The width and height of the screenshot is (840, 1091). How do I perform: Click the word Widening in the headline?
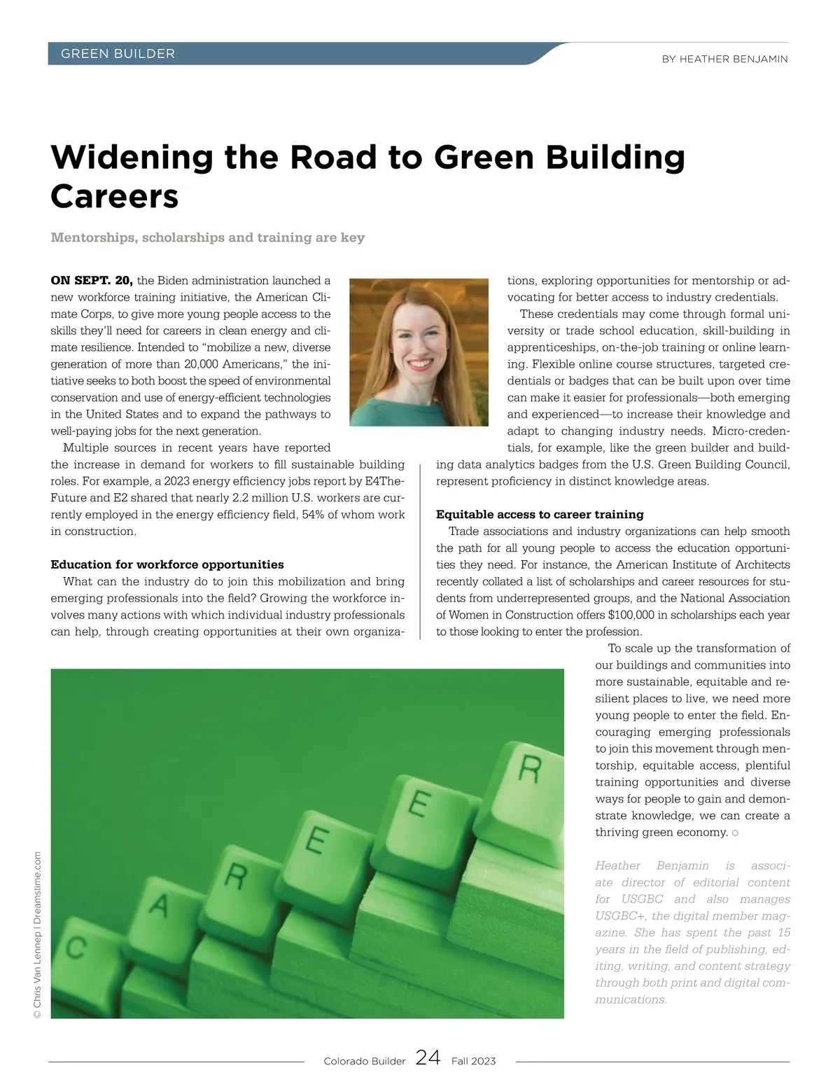coord(132,157)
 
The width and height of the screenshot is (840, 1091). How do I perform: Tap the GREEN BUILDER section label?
coord(118,54)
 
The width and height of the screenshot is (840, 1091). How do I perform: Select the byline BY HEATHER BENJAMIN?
coord(724,60)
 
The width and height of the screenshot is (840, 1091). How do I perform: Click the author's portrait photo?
coord(419,352)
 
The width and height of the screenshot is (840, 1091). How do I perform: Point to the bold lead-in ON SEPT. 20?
coord(92,281)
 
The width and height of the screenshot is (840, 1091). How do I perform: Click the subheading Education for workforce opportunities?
coord(167,564)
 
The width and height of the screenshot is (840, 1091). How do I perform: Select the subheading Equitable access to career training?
coord(540,515)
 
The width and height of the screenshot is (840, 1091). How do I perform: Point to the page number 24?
coord(428,1058)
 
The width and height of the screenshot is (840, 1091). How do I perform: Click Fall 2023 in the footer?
coord(473,1062)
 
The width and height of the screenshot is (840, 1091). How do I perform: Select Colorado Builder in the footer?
coord(364,1062)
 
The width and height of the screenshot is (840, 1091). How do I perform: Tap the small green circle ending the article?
coord(735,833)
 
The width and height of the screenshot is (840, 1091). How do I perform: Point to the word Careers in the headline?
coord(115,196)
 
